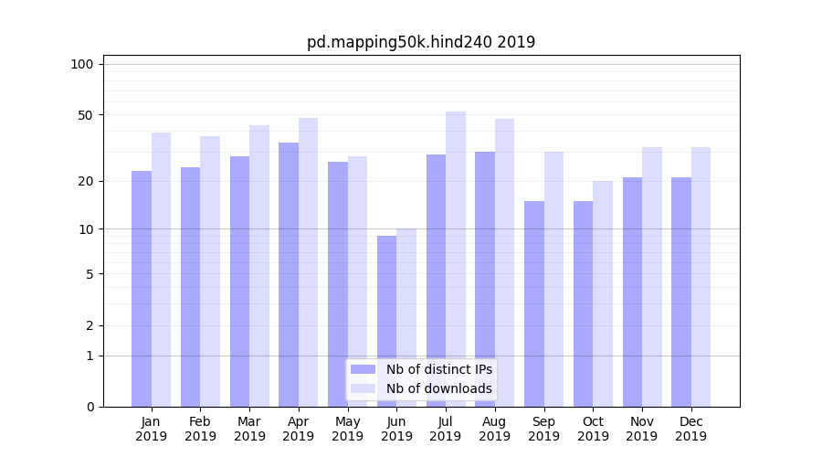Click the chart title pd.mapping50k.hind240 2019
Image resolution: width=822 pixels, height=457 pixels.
coord(421,42)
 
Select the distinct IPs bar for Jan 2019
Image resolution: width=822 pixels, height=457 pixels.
coord(142,288)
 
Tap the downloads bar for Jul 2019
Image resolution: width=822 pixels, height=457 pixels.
coord(456,259)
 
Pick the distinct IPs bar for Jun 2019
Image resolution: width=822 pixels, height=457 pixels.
coord(387,321)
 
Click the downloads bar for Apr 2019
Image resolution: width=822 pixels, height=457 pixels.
coord(308,262)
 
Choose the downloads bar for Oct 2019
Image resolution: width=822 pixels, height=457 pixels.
coord(603,293)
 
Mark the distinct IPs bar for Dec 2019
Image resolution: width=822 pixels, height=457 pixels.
coord(681,292)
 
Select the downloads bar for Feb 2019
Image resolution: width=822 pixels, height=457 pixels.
coord(210,271)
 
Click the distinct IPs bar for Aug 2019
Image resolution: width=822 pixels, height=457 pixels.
coord(485,279)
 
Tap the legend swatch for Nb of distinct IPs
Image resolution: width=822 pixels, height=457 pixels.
coord(364,369)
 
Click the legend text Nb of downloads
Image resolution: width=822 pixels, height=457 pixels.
coord(439,388)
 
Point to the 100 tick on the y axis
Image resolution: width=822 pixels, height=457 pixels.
coord(82,64)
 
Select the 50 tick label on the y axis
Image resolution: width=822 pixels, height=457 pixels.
coord(85,115)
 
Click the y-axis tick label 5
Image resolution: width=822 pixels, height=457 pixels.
coord(90,274)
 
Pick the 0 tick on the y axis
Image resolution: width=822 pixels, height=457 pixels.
coord(90,407)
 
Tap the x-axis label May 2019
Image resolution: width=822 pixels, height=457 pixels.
coord(348,429)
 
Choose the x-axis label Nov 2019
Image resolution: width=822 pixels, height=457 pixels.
coord(642,429)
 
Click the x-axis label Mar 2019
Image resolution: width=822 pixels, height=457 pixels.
coord(249,429)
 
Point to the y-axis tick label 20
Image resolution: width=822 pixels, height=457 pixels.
coord(85,181)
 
